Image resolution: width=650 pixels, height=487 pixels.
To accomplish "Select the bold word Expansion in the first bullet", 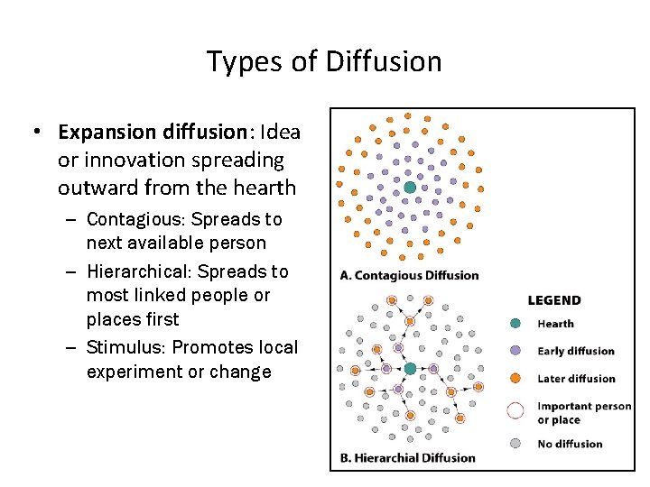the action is pos(106,133).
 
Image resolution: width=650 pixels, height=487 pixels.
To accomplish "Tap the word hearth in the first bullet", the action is pos(266,188).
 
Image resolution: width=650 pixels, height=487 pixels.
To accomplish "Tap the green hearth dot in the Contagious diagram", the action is pos(409,188).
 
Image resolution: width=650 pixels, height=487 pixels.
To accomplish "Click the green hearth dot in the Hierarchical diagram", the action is pos(410,369).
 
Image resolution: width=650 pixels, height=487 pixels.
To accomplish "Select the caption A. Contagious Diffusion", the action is pos(409,275).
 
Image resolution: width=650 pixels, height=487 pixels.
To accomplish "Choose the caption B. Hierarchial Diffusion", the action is pos(407,457).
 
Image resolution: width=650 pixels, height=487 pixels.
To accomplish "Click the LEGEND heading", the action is pos(553,300).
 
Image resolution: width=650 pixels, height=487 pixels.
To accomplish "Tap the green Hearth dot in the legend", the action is pos(515,324).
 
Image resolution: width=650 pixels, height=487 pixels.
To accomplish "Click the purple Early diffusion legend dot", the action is pos(515,351).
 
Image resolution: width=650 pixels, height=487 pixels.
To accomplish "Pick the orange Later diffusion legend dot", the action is pos(515,379).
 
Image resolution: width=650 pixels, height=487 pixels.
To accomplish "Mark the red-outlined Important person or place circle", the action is pos(515,411).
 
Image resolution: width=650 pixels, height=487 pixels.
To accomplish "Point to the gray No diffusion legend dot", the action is pos(515,443).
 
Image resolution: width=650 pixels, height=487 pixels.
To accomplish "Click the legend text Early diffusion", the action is pos(575,352).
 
